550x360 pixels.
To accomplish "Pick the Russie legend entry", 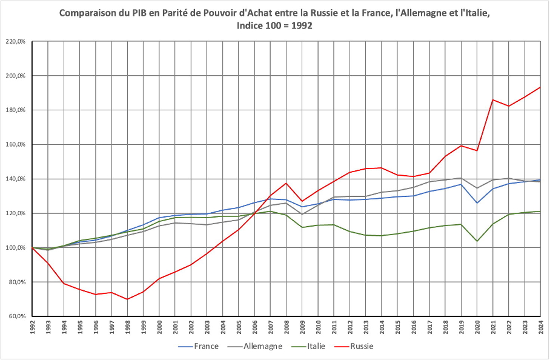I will click(x=361, y=347).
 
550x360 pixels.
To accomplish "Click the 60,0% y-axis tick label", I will click(x=16, y=316).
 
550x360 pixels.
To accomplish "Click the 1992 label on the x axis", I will click(x=32, y=327).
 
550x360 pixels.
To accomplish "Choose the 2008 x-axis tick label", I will click(x=287, y=327).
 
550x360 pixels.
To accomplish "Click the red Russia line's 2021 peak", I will click(x=493, y=99).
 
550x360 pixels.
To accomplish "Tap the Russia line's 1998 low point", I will click(x=127, y=299).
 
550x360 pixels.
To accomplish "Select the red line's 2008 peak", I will click(x=287, y=183).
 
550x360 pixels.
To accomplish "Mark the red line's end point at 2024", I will click(x=540, y=87).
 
